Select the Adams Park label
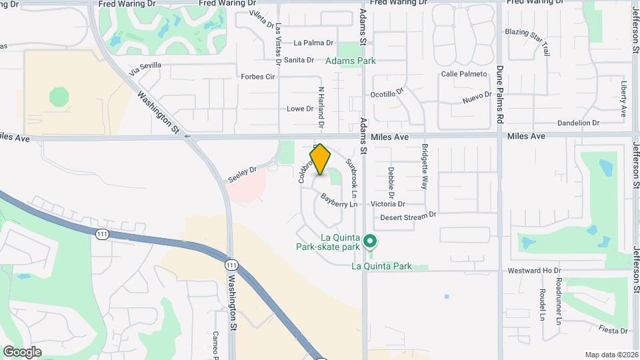click(x=351, y=61)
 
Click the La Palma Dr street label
click(x=313, y=43)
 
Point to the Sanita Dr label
click(x=299, y=60)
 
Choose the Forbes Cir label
click(x=258, y=77)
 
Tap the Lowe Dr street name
click(x=300, y=109)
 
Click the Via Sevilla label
click(x=146, y=69)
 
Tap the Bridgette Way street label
click(x=425, y=167)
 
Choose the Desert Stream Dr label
click(x=408, y=216)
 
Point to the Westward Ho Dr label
click(x=534, y=271)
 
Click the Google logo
click(x=23, y=352)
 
